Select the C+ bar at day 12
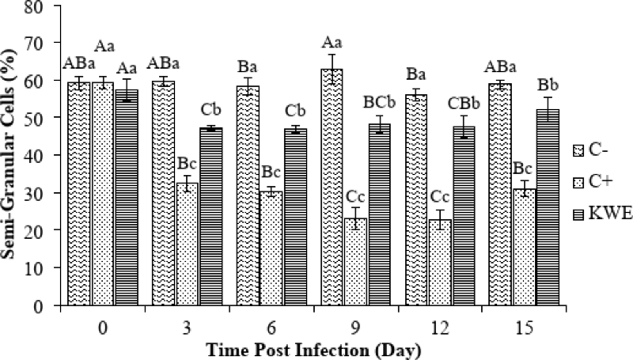440,262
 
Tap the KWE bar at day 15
548,207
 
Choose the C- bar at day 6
248,195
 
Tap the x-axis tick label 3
187,328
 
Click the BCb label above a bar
379,102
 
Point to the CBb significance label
464,104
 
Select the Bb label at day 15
548,85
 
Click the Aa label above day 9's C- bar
332,42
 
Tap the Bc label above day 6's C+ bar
271,172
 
